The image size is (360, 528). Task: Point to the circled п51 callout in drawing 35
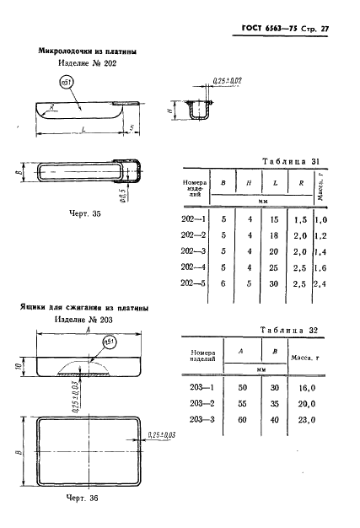67,84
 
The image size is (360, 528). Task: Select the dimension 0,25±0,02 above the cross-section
228,81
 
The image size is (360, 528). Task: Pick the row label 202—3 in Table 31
195,251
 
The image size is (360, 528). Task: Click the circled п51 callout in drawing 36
108,342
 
